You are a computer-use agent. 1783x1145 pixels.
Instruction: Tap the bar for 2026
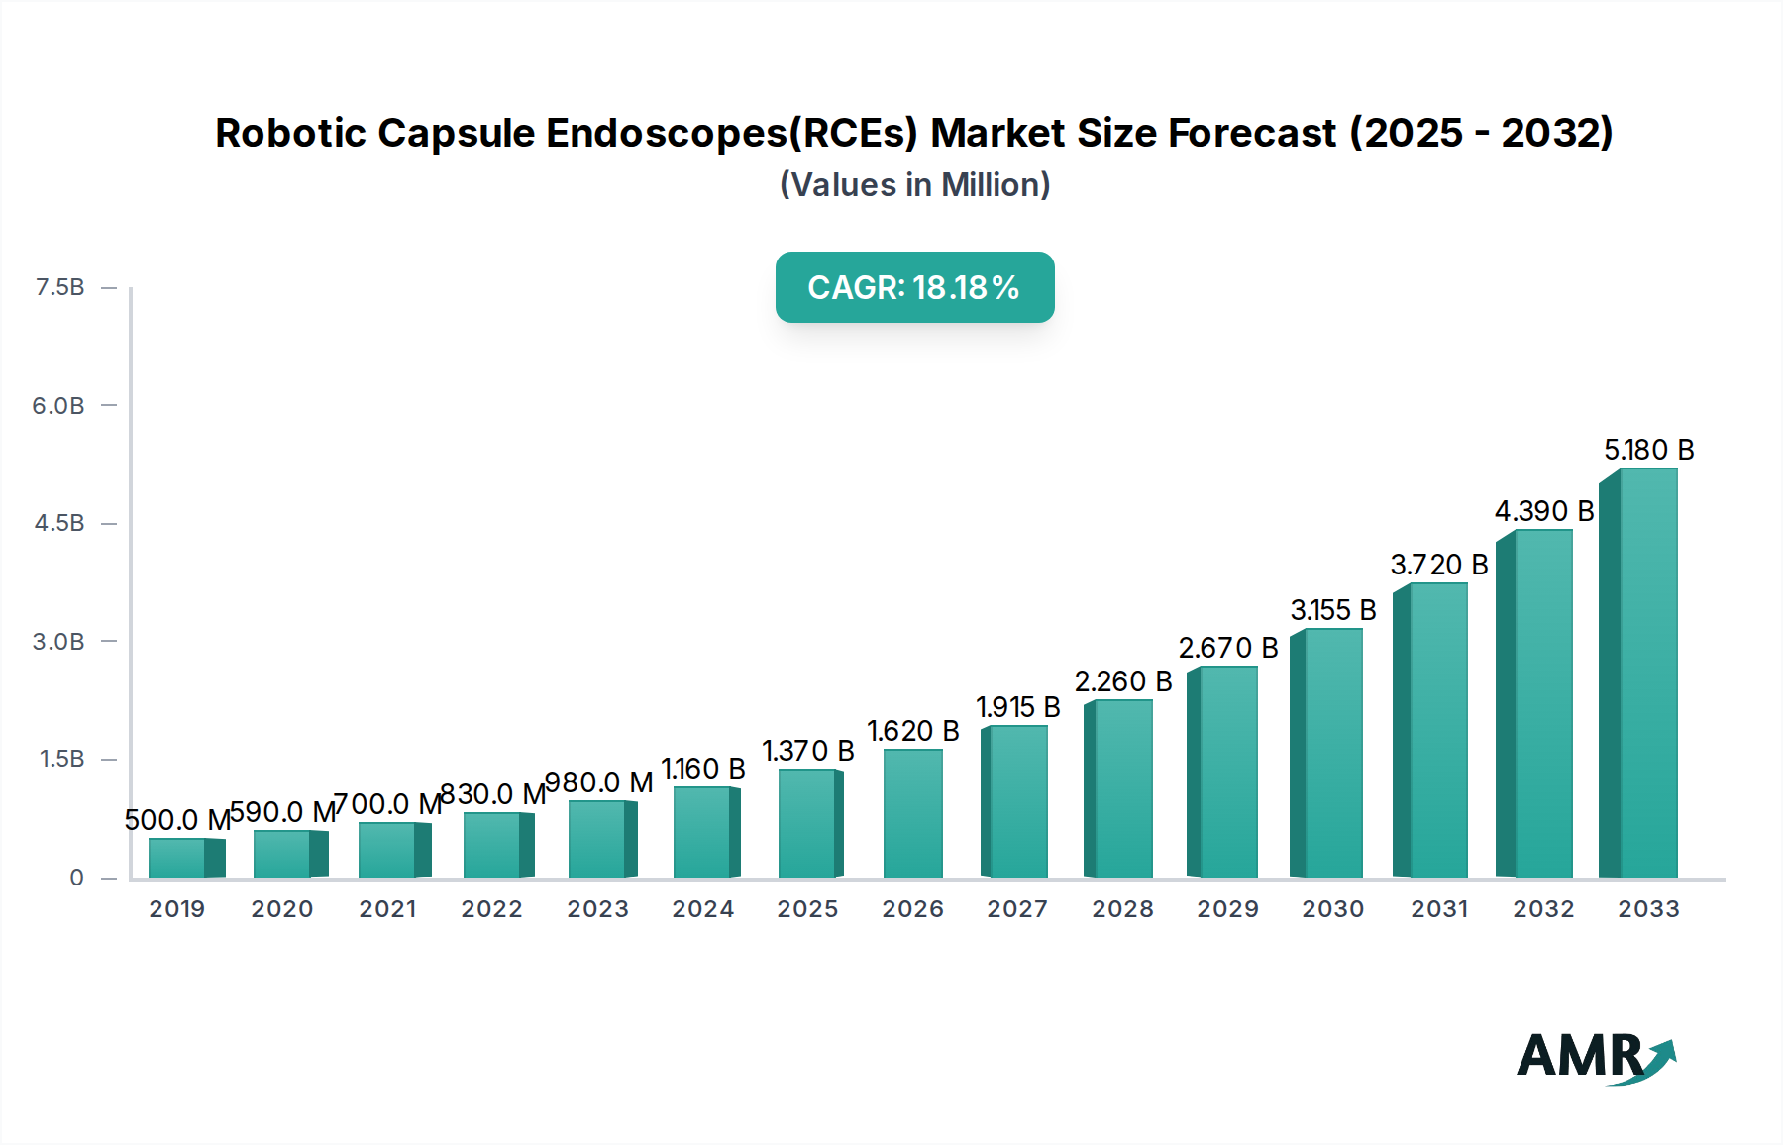[912, 813]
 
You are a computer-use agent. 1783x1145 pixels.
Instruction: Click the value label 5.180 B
[1648, 450]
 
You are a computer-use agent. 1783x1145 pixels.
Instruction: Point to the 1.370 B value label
[807, 751]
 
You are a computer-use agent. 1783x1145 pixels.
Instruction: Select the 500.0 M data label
[177, 820]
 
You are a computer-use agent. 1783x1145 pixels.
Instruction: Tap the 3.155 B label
[1332, 610]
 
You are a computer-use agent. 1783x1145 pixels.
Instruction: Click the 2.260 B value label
[1122, 681]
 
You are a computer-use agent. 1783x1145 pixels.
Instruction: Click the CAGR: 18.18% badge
[914, 287]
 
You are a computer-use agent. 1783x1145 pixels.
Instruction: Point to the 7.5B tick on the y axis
[60, 287]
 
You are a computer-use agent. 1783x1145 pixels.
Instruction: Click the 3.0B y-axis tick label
[58, 641]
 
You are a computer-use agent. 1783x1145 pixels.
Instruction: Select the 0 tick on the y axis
[76, 877]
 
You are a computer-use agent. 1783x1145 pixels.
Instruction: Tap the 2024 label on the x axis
[702, 909]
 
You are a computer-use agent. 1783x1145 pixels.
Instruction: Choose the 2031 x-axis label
[1438, 909]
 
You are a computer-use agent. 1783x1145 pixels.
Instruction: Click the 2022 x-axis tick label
[491, 909]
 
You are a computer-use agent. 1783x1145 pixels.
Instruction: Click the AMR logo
[1595, 1057]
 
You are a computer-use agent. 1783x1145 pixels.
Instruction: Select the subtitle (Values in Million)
[914, 185]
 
